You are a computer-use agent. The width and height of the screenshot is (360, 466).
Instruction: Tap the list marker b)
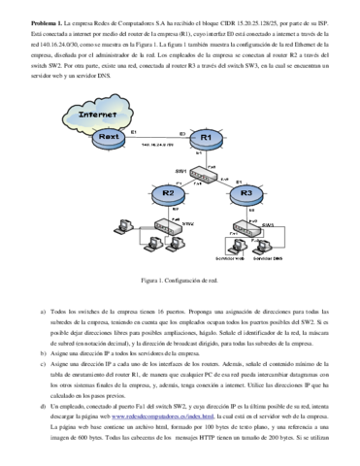(x=42, y=355)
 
